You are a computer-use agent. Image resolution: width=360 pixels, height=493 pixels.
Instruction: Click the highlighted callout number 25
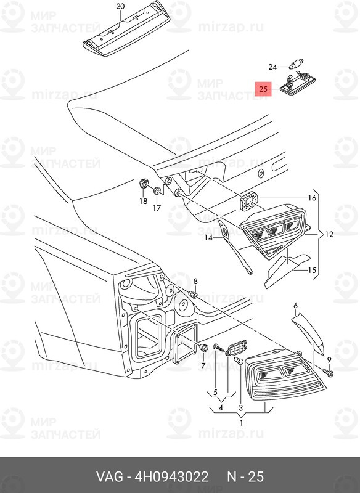(263, 89)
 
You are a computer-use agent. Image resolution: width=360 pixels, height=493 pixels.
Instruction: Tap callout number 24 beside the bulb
(272, 67)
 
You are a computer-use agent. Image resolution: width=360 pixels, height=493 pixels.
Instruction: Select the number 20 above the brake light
(120, 6)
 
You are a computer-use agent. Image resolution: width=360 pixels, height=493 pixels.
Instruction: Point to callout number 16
(311, 198)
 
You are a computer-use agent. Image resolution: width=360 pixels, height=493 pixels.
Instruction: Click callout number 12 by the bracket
(329, 234)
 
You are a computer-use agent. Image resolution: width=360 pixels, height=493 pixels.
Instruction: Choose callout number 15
(311, 270)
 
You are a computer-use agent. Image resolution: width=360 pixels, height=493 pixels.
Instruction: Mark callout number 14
(208, 238)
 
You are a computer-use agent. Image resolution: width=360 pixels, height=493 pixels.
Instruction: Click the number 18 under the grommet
(143, 201)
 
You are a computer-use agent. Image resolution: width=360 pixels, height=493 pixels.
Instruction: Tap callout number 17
(157, 208)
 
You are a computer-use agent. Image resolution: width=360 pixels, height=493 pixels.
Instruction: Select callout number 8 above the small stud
(195, 281)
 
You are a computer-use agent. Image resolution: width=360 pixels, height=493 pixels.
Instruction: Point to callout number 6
(295, 305)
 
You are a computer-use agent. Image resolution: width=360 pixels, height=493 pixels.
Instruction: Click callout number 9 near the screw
(329, 359)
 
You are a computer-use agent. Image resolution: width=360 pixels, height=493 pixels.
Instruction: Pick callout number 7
(203, 365)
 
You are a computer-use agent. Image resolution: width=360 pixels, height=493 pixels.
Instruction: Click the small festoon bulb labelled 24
(295, 65)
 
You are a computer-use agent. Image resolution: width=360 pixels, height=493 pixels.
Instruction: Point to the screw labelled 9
(329, 373)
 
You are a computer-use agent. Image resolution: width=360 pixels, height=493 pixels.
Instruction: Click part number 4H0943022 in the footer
(171, 476)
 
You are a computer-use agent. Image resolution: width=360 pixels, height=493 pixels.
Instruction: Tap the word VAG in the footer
(109, 476)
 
